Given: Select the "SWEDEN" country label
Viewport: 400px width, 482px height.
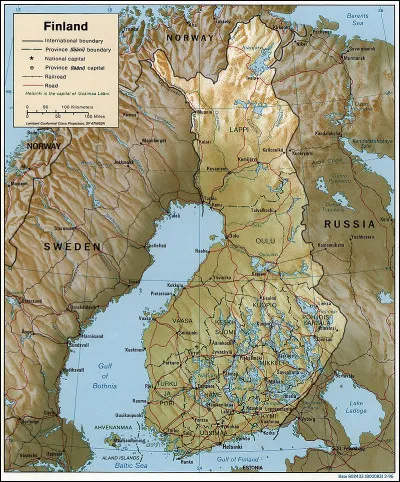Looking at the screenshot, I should pos(71,245).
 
